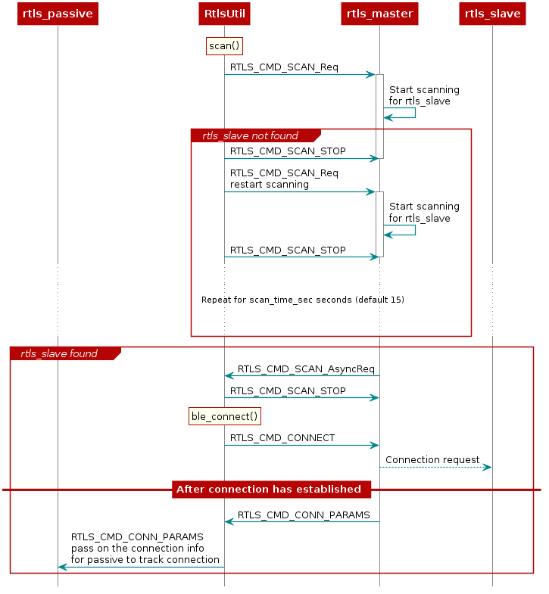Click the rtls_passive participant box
(58, 14)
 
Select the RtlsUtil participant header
(224, 14)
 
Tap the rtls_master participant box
(379, 14)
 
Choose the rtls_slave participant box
(492, 14)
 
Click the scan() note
(224, 46)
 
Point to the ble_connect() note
(224, 416)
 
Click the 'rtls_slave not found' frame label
(250, 135)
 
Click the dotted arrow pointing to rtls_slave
(435, 467)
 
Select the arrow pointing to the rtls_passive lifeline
(141, 567)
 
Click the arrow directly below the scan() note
(300, 74)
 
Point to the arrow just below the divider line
(301, 521)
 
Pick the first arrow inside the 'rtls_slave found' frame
(301, 375)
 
